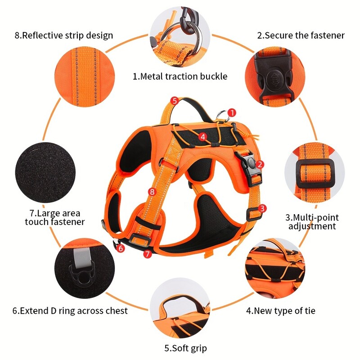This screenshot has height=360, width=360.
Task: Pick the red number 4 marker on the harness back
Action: [203, 136]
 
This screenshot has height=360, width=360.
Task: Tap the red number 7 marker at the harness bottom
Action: [147, 254]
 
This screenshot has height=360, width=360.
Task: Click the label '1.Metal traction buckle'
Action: [180, 76]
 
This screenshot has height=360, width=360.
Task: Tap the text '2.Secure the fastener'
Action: [301, 35]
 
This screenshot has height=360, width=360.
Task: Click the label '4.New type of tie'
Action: [280, 310]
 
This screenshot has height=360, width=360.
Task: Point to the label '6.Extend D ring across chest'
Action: [70, 310]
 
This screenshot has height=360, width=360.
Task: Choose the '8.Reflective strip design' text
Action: [63, 35]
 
